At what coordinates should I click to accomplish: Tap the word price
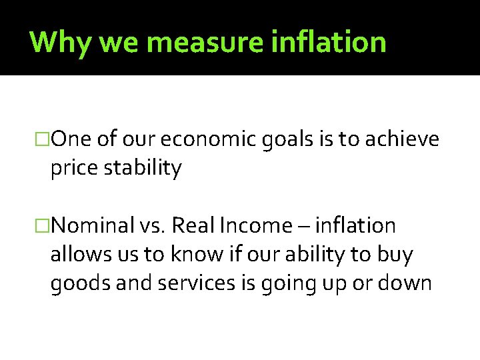coord(75,169)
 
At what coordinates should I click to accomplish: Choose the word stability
coord(143,169)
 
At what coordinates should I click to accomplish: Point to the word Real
coord(192,227)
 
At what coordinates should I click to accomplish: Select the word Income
coord(254,227)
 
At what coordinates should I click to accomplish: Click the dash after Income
coord(304,227)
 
